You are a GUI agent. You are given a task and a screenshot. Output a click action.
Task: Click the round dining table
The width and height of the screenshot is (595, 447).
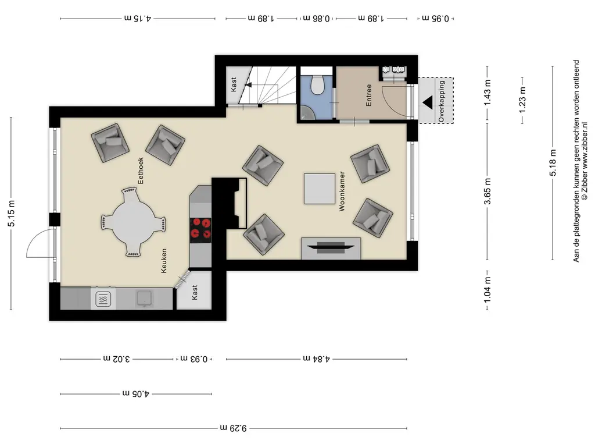[x=133, y=222]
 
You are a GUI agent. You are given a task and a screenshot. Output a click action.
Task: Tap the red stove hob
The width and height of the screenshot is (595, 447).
[x=200, y=230]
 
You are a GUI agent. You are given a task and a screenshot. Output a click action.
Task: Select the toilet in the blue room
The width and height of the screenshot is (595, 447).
[x=317, y=84]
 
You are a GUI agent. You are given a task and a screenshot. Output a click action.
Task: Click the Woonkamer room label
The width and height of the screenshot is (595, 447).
[x=342, y=191]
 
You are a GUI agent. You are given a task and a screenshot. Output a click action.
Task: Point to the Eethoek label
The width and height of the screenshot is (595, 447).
[x=141, y=171]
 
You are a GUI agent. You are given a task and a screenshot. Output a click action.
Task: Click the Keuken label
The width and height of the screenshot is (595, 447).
[x=164, y=261]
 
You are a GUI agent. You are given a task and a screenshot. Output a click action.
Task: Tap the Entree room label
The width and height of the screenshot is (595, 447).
[x=368, y=95]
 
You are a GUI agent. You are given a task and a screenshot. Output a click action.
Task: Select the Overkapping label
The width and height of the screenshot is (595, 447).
[x=442, y=101]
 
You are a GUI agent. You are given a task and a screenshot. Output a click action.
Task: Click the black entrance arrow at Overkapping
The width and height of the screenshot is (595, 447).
[x=428, y=102]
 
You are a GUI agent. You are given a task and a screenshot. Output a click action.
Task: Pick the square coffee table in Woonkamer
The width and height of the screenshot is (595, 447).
[x=319, y=189]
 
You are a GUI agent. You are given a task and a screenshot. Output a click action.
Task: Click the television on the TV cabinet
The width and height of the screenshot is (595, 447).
[x=331, y=247]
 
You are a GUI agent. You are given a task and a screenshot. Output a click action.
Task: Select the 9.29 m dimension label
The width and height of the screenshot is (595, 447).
[x=234, y=428]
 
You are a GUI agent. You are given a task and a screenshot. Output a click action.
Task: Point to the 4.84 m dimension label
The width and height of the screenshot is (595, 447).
[x=317, y=359]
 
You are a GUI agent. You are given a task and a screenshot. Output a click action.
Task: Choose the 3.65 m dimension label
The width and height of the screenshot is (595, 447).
[x=488, y=191]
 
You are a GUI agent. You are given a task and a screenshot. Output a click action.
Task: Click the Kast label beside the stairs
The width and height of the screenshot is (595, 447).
[x=234, y=84]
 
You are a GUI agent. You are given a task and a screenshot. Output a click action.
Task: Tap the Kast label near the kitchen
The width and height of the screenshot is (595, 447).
[x=195, y=293]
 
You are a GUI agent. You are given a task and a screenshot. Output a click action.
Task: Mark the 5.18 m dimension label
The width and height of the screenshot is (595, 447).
[x=553, y=163]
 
